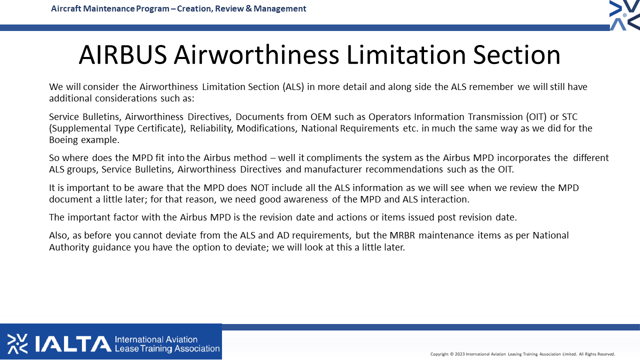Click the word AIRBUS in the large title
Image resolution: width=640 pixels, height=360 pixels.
click(122, 55)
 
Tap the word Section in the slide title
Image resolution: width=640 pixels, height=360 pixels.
click(516, 55)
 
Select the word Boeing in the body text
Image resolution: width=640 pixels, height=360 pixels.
click(63, 140)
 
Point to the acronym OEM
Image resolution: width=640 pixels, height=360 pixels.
click(321, 117)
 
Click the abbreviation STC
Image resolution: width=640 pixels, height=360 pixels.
click(569, 117)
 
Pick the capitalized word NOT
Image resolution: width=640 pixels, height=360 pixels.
click(259, 187)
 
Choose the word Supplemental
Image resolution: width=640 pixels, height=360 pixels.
click(79, 129)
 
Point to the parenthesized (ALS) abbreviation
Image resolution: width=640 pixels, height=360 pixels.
click(293, 87)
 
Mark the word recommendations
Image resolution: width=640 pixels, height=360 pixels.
click(404, 169)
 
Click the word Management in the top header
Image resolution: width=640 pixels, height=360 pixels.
click(279, 9)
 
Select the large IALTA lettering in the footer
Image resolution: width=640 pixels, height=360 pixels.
click(73, 343)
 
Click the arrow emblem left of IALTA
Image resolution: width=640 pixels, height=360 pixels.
click(17, 343)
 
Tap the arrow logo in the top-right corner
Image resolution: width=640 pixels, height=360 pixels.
click(624, 15)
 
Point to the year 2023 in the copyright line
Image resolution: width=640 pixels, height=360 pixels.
click(459, 354)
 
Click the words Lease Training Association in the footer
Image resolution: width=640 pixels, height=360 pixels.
click(167, 349)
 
